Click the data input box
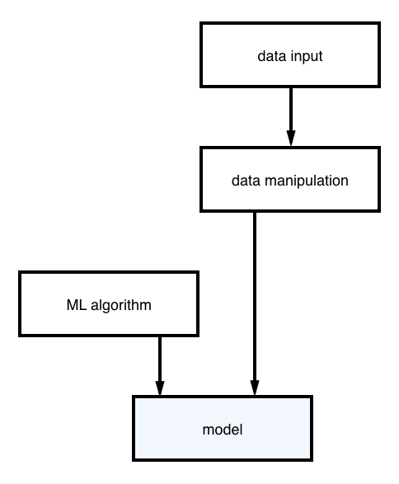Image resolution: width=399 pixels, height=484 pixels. pyautogui.click(x=290, y=55)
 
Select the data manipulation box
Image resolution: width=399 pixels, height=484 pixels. pyautogui.click(x=290, y=180)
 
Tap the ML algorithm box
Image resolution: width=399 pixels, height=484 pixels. pyautogui.click(x=109, y=304)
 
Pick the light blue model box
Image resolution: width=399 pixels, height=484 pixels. pyautogui.click(x=223, y=429)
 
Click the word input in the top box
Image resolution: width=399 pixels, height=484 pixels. pyautogui.click(x=307, y=57)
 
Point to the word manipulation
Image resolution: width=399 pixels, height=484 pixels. pyautogui.click(x=307, y=181)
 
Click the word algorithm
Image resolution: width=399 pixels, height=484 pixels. pyautogui.click(x=121, y=306)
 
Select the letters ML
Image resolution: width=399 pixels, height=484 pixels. pyautogui.click(x=76, y=305)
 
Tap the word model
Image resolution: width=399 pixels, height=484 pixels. pyautogui.click(x=223, y=430)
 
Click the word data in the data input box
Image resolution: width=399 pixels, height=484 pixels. pyautogui.click(x=272, y=56)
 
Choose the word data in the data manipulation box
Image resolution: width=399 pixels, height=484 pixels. pyautogui.click(x=246, y=181)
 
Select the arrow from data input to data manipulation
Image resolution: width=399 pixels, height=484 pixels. pyautogui.click(x=291, y=117)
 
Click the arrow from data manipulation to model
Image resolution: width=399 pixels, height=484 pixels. pyautogui.click(x=254, y=303)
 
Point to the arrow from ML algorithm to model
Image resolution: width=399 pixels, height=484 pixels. pyautogui.click(x=160, y=366)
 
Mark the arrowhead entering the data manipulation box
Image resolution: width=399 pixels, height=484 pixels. pyautogui.click(x=291, y=138)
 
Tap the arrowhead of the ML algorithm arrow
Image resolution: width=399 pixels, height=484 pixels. pyautogui.click(x=160, y=388)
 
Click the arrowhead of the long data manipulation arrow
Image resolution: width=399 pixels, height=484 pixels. pyautogui.click(x=254, y=388)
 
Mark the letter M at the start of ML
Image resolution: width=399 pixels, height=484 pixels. pyautogui.click(x=73, y=305)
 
